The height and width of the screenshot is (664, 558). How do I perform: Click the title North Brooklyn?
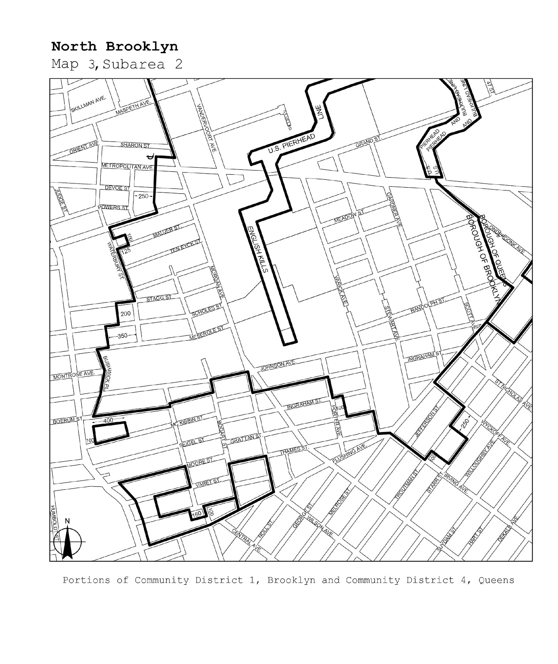(x=114, y=46)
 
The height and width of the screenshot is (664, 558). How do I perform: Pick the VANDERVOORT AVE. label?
(x=206, y=127)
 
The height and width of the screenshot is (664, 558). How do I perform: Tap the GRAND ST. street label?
(x=368, y=142)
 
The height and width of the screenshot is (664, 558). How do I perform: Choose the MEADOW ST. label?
(x=349, y=216)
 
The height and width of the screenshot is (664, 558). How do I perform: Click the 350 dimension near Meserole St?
(x=123, y=336)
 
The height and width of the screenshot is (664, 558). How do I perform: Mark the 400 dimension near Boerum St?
(x=108, y=420)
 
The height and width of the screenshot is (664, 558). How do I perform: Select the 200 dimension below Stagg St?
(x=126, y=313)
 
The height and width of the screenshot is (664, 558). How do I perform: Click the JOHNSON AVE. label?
(x=278, y=365)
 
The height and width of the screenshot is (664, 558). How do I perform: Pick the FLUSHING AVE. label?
(x=349, y=454)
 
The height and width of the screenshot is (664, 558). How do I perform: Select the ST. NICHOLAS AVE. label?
(x=514, y=394)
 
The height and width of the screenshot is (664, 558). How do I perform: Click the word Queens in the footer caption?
(x=496, y=580)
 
